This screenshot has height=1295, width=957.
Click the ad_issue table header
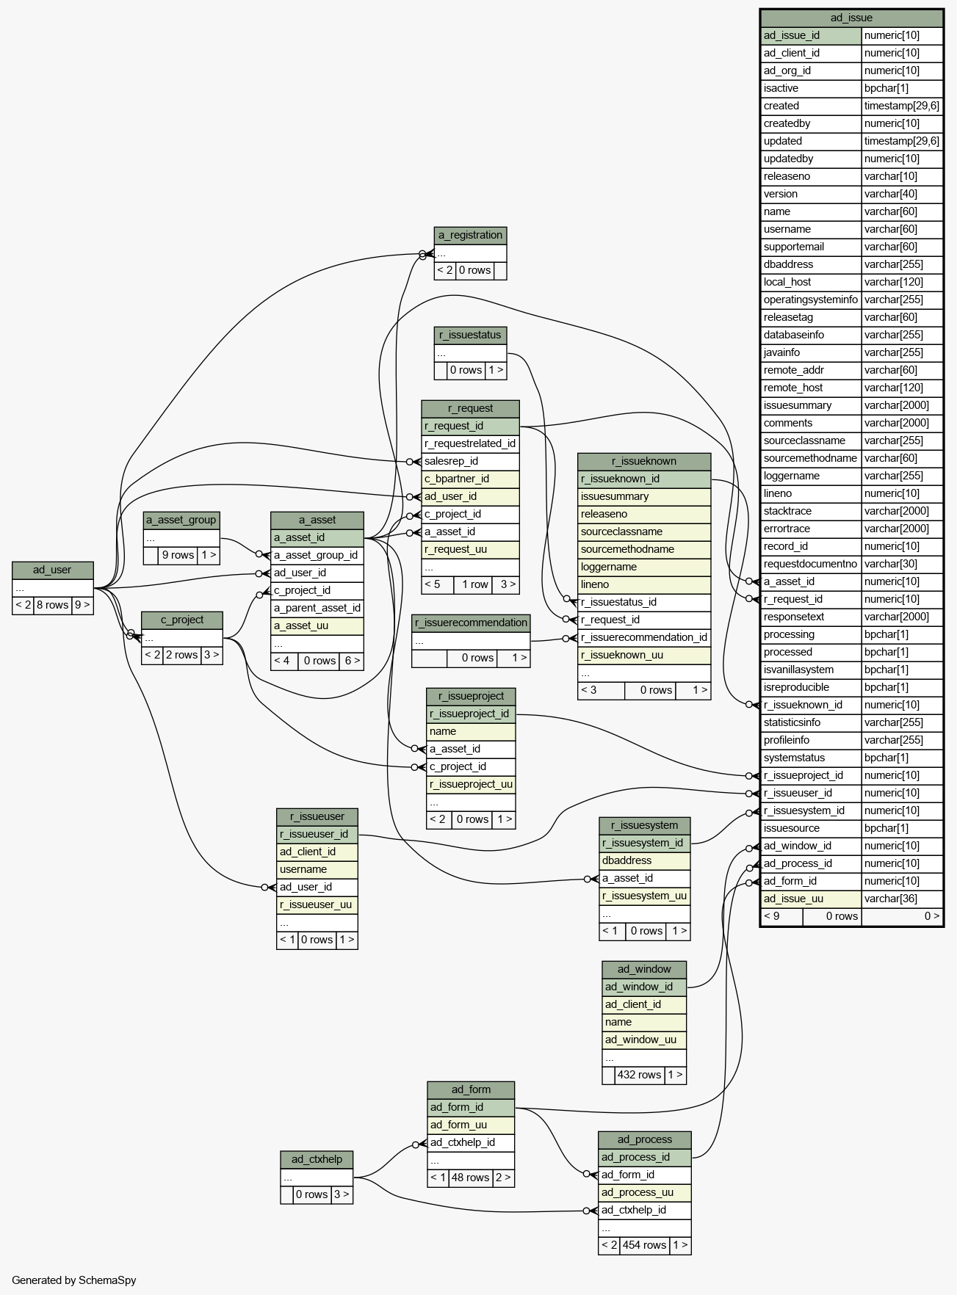[x=851, y=18]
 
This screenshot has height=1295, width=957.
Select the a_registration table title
[x=470, y=235]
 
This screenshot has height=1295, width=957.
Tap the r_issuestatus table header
[x=470, y=335]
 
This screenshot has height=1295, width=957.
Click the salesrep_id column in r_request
[x=470, y=461]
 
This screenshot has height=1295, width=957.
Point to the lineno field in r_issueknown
[x=644, y=584]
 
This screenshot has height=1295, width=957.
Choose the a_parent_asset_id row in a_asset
[x=317, y=608]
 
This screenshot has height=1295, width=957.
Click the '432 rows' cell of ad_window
[x=639, y=1075]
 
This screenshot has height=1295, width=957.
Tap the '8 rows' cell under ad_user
[x=52, y=605]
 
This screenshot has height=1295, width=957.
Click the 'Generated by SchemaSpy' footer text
[x=74, y=1280]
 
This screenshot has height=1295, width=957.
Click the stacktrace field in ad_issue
[x=811, y=511]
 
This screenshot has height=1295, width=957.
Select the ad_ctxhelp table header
[x=317, y=1160]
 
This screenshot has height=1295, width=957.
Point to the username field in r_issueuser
[x=317, y=869]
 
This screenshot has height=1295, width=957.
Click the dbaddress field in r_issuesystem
[x=644, y=860]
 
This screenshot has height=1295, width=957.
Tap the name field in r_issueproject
[x=471, y=731]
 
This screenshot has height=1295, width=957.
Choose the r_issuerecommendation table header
[x=471, y=623]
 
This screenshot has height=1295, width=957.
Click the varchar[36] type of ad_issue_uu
[x=902, y=899]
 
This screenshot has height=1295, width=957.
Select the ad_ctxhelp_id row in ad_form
[x=471, y=1142]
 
